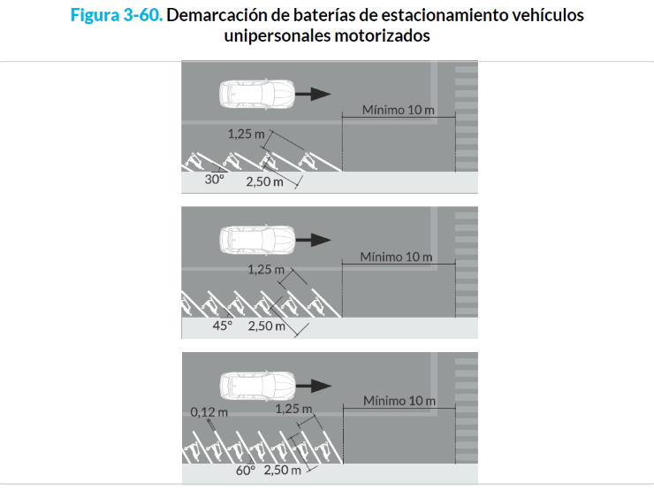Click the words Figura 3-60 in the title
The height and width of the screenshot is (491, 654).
[x=117, y=15]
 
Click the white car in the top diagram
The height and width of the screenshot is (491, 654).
[x=257, y=95]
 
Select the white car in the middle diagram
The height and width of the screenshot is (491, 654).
[x=257, y=240]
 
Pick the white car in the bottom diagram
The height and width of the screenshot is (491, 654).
[x=257, y=386]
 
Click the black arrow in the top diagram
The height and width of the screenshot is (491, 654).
[x=313, y=94]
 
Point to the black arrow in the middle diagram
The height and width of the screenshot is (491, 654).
[x=313, y=240]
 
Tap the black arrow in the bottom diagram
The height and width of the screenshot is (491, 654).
[x=314, y=386]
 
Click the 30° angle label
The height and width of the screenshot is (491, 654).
[x=215, y=180]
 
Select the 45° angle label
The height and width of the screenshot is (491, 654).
[x=223, y=326]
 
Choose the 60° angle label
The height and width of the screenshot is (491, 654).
[x=246, y=470]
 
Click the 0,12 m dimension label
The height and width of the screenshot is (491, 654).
[x=209, y=412]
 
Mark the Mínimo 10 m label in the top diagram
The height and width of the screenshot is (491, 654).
[x=399, y=110]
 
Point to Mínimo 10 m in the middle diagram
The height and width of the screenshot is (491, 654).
[x=396, y=257]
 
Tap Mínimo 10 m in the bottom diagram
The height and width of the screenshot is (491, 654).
[x=399, y=401]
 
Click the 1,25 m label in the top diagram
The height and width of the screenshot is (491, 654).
[x=246, y=134]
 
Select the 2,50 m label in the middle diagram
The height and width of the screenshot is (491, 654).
[x=267, y=326]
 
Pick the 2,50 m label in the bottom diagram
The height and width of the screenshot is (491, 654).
[x=283, y=470]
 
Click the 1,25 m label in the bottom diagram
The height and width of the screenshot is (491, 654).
[x=293, y=409]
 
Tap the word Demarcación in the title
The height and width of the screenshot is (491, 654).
[x=217, y=15]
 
